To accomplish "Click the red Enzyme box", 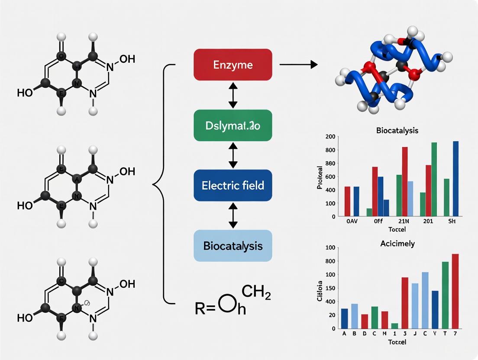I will [x=233, y=65].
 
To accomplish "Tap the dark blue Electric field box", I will [x=233, y=185].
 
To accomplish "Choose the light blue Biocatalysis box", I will [x=233, y=245].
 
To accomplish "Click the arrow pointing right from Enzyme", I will [x=299, y=65].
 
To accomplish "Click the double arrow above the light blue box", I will [x=233, y=215].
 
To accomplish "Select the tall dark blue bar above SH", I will [x=455, y=178].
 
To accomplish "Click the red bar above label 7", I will [x=455, y=291].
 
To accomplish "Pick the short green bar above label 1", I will [x=394, y=325].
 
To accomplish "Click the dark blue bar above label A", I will [x=344, y=318].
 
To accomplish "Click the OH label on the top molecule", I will [x=126, y=59].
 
